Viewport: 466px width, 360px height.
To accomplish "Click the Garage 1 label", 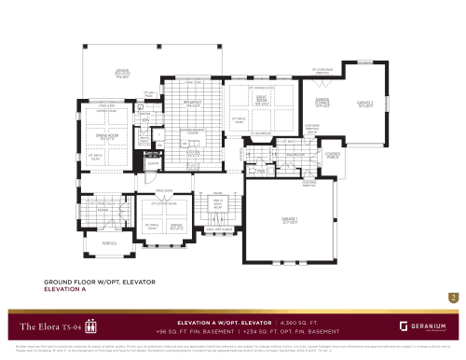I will click(290, 220).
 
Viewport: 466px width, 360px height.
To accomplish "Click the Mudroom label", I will click(296, 153).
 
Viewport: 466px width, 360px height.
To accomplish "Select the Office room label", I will click(176, 225).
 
